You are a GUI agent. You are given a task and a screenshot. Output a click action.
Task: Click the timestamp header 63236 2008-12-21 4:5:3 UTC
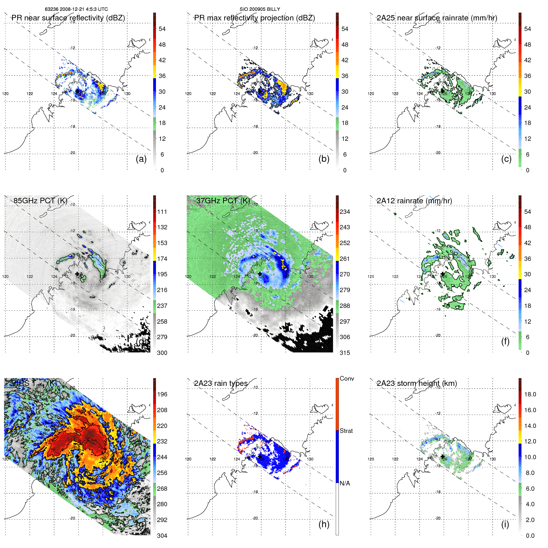(76, 9)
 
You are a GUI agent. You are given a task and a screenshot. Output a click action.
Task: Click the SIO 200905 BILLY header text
(260, 9)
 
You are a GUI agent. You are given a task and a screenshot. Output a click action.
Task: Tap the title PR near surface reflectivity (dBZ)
(68, 18)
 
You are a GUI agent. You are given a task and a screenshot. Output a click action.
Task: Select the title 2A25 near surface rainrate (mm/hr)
(437, 18)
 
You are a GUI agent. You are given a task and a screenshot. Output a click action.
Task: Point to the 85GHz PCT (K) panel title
(40, 201)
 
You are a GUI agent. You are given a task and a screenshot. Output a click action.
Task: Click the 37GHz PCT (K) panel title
(223, 201)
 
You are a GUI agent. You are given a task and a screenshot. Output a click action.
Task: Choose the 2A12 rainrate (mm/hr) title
(414, 201)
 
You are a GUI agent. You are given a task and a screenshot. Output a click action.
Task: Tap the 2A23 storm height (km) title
(417, 383)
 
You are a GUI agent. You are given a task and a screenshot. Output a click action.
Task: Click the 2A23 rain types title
(221, 383)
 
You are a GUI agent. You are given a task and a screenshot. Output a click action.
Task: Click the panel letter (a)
(141, 159)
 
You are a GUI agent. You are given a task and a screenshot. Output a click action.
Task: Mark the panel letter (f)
(505, 342)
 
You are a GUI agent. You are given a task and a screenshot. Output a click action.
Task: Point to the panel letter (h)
(324, 524)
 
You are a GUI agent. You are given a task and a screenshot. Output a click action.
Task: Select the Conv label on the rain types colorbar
(347, 379)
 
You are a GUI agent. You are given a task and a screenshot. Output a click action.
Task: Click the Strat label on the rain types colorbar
(346, 431)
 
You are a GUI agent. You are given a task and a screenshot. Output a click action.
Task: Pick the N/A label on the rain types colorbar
(345, 483)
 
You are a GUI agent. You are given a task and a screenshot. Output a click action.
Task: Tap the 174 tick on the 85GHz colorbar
(162, 259)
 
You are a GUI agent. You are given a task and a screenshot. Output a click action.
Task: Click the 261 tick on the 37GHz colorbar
(345, 259)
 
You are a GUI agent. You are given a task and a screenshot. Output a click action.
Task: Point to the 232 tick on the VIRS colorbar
(162, 441)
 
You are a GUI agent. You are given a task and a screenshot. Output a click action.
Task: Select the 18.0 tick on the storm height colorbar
(530, 394)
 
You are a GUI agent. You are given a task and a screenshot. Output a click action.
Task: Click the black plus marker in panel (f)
(442, 274)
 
